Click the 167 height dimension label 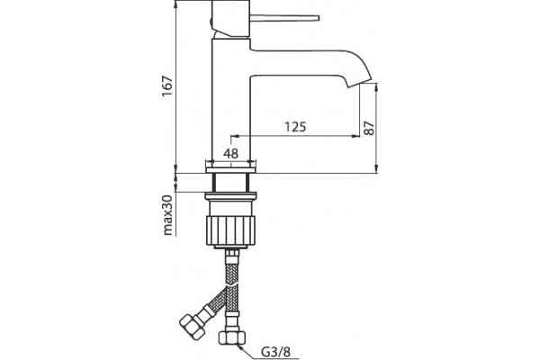(167, 85)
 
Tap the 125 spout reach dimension (295, 127)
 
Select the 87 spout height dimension (369, 128)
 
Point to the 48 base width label (230, 153)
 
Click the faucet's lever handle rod (284, 18)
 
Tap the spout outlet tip (360, 84)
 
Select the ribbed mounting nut (230, 230)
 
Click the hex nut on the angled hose (193, 325)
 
